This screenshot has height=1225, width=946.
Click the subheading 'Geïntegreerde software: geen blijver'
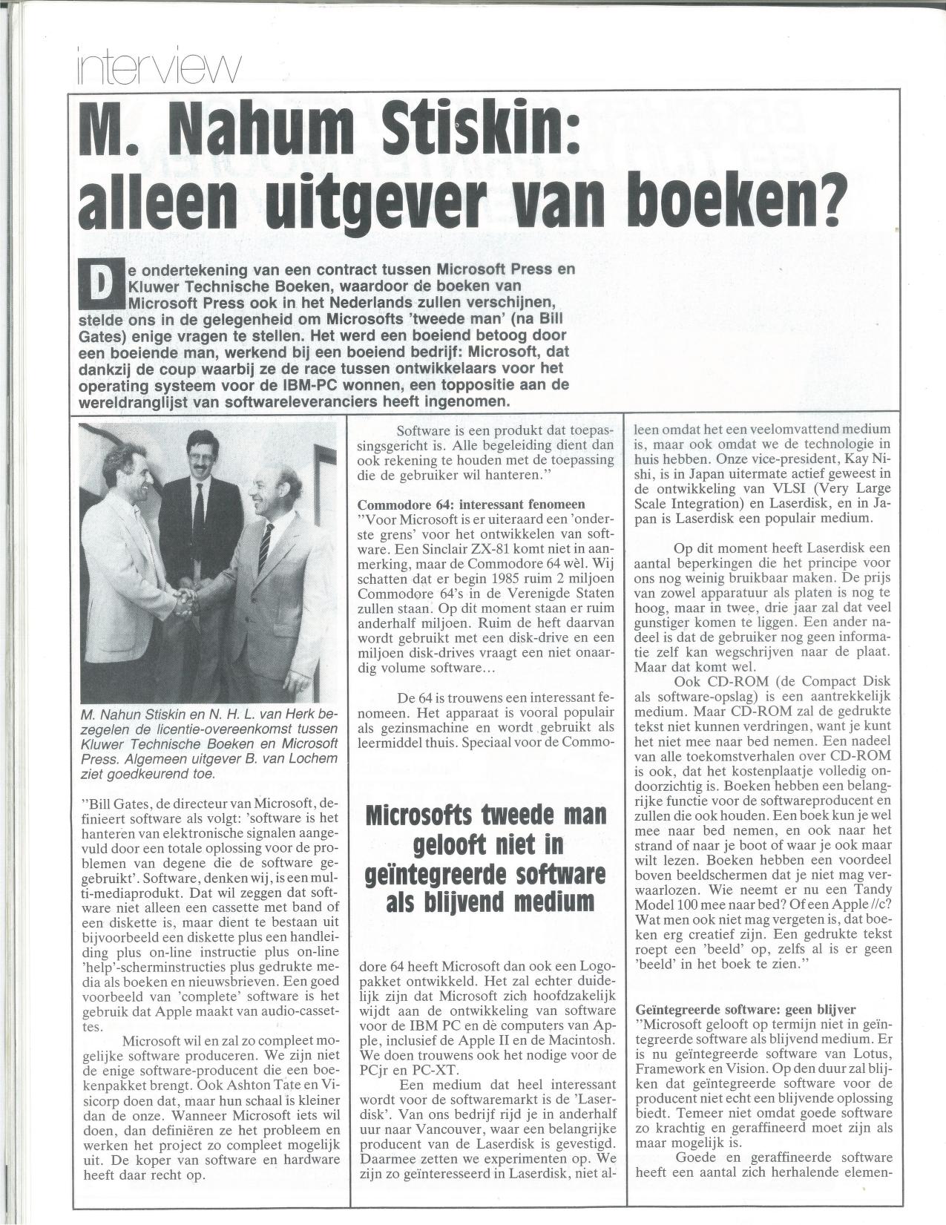(746, 1010)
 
